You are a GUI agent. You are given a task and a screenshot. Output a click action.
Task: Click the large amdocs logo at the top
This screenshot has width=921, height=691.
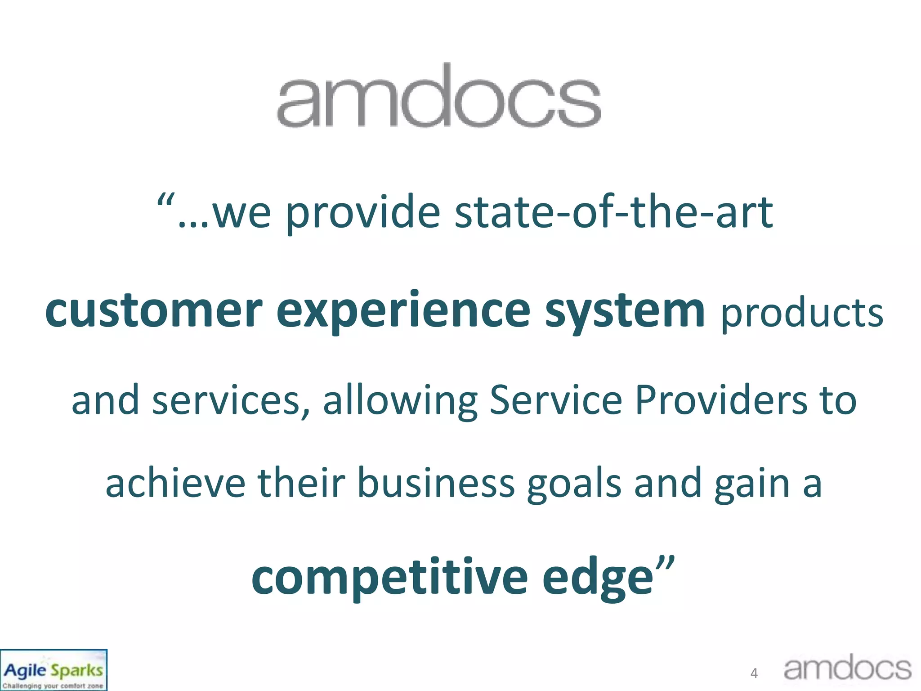[x=438, y=97]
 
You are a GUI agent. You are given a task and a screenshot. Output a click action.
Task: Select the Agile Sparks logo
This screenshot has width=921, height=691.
[x=54, y=670]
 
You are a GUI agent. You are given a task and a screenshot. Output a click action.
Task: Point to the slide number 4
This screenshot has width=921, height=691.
[x=754, y=673]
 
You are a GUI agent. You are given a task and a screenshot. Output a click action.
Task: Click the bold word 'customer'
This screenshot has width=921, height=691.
[x=153, y=310]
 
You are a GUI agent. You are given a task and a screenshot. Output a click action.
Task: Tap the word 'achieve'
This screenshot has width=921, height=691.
[x=175, y=484]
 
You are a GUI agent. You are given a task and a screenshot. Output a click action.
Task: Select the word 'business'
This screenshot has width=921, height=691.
[x=436, y=484]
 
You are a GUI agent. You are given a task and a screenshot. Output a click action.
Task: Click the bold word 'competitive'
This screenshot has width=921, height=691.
[x=389, y=578]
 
